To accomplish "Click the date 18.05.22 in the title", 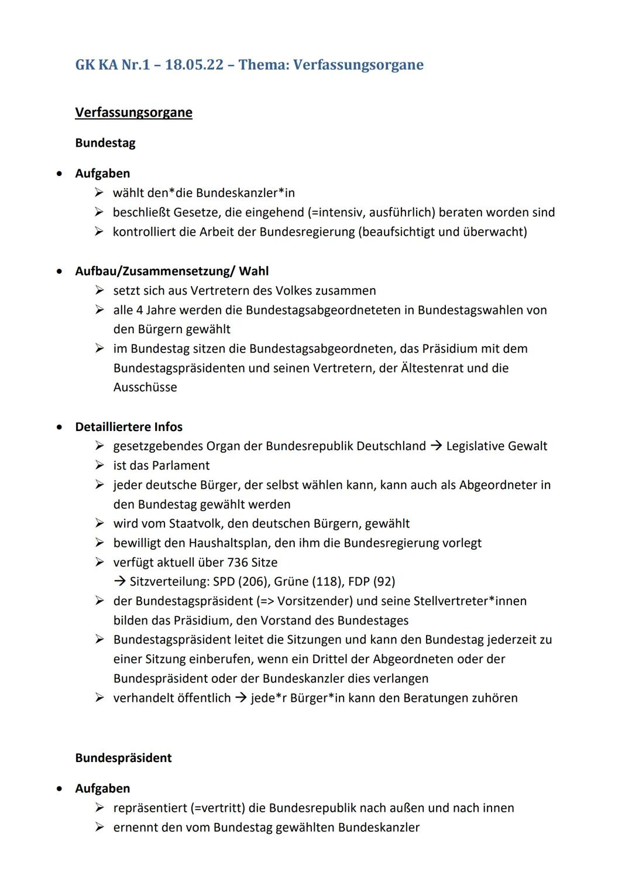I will click(x=194, y=64).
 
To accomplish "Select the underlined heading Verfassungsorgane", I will click(x=133, y=112).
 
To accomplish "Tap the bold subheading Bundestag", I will click(x=105, y=143).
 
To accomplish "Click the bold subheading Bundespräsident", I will click(x=123, y=758).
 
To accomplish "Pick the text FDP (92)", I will click(x=372, y=582).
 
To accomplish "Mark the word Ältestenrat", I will click(x=431, y=368).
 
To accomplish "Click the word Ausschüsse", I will click(x=145, y=388).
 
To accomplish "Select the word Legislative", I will click(x=478, y=446).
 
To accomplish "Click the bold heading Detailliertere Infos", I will click(x=129, y=427).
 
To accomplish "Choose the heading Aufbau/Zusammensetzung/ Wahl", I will click(x=172, y=271).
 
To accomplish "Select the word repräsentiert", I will click(x=150, y=808).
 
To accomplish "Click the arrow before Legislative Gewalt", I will click(x=436, y=446).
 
